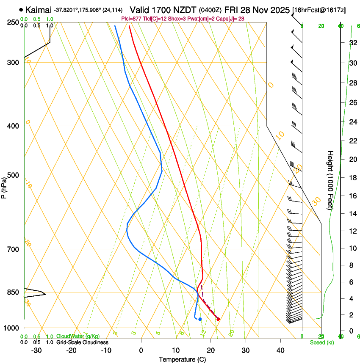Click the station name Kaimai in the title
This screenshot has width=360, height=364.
tap(39, 9)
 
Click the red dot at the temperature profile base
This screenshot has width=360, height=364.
tap(218, 319)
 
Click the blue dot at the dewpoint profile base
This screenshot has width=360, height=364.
tap(200, 319)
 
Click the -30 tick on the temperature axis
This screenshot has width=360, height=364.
tap(36, 350)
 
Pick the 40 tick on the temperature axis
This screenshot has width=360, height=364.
tap(280, 350)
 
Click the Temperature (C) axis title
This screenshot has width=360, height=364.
tap(182, 359)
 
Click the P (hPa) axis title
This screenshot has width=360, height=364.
tap(4, 187)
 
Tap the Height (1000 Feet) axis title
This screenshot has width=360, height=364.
tap(330, 180)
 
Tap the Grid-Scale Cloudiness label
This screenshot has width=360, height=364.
tap(82, 342)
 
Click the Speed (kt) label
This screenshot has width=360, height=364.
tap(321, 342)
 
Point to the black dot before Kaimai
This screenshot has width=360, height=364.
tap(21, 9)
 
